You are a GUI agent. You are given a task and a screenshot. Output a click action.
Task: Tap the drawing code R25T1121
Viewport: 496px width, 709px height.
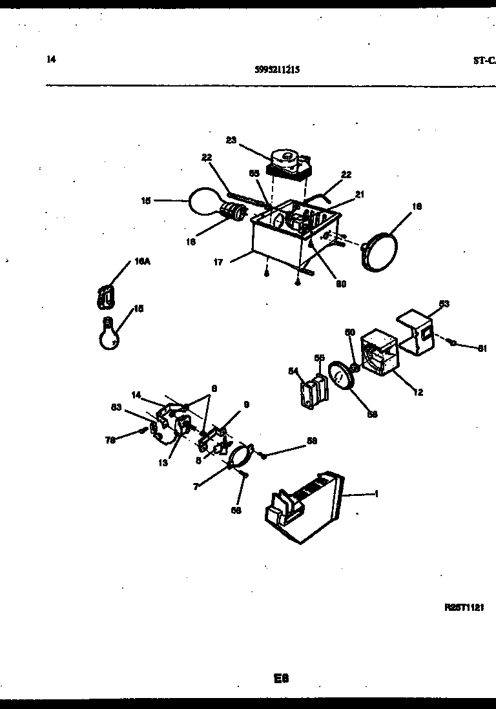click(464, 607)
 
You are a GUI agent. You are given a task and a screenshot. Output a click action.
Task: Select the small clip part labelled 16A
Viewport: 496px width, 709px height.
click(105, 295)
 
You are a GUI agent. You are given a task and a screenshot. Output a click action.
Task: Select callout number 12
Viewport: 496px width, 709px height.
click(418, 392)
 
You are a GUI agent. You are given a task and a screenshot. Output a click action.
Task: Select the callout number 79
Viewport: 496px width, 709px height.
click(110, 440)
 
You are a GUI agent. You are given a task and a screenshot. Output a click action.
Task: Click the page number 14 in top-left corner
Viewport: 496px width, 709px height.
click(52, 59)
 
